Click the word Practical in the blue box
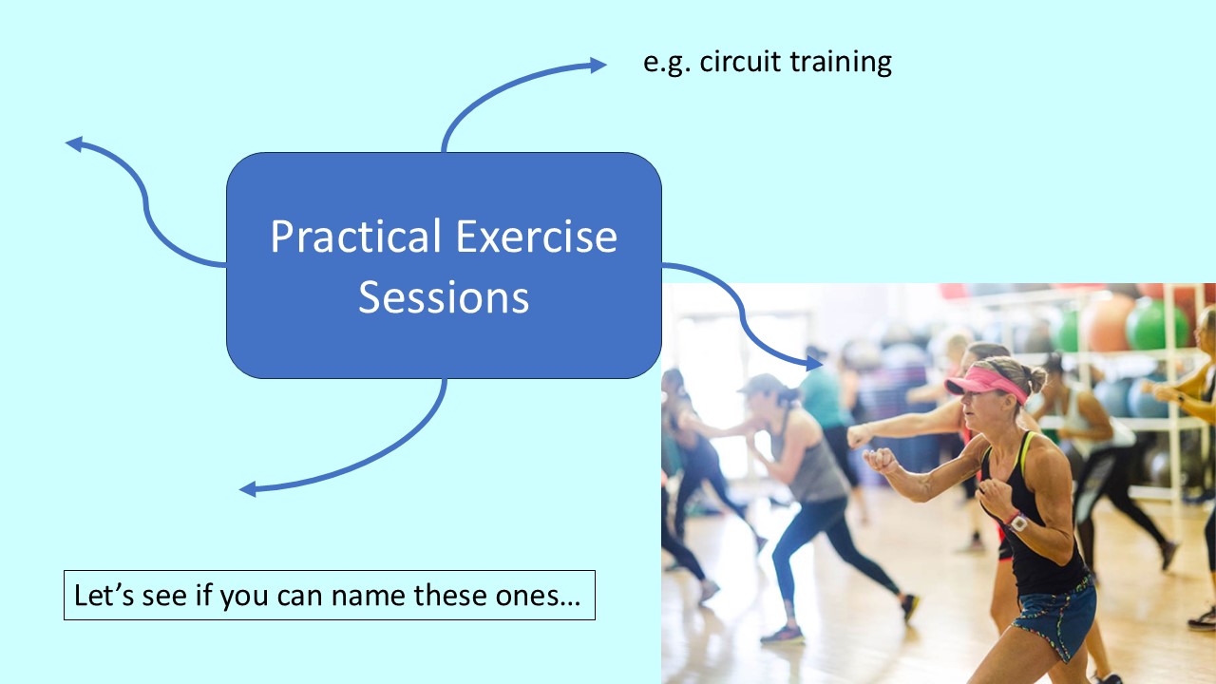tap(356, 237)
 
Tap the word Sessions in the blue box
tap(444, 298)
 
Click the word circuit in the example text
tap(737, 63)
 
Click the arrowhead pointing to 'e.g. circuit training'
tap(598, 65)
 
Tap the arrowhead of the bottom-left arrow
tap(248, 489)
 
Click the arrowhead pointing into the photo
tap(813, 362)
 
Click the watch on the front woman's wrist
tap(1017, 522)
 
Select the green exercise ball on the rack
tap(1155, 326)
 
